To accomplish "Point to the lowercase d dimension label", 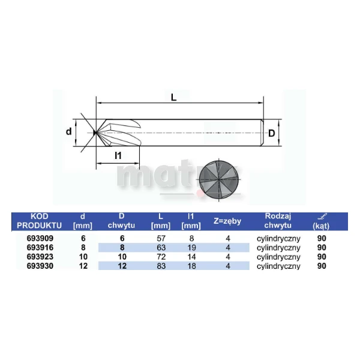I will pyautogui.click(x=68, y=131).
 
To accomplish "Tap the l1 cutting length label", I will pyautogui.click(x=118, y=155).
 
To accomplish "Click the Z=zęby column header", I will pyautogui.click(x=227, y=221).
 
